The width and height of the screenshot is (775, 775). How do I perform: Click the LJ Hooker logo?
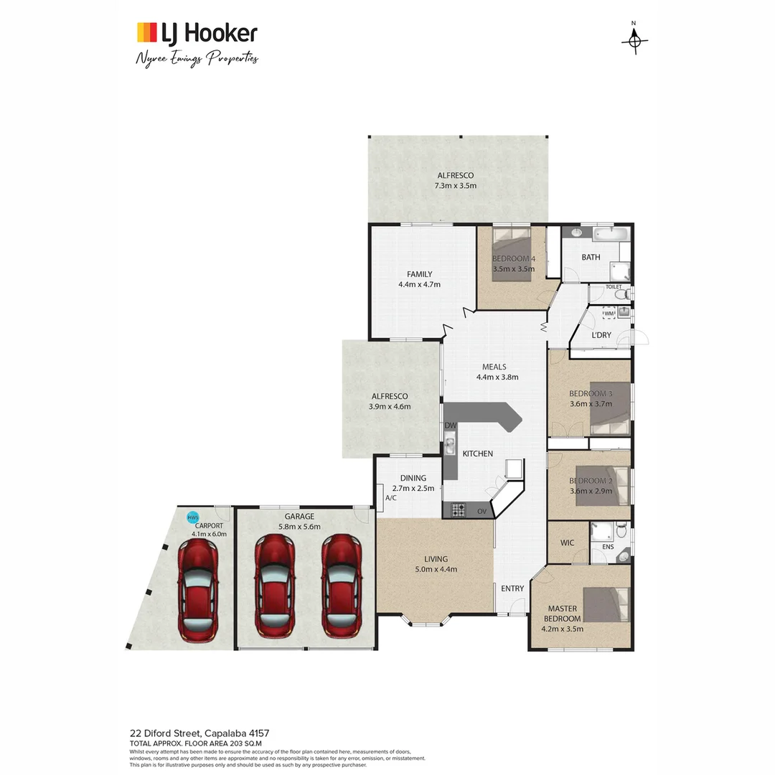pos(197,33)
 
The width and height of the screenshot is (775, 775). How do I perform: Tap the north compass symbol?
pos(634,41)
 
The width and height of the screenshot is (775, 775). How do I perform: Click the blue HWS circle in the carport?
pos(192,517)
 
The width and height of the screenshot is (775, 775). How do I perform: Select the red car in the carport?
pos(198,591)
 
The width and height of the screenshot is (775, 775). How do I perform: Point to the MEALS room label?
pos(494,367)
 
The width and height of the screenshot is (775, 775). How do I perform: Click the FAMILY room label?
pos(419,274)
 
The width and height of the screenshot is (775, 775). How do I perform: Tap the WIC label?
pos(567,543)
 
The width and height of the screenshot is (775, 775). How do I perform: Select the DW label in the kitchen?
pos(451,426)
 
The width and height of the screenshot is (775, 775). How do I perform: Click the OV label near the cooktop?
pos(482,512)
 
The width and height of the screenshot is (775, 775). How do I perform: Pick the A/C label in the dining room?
pos(391,497)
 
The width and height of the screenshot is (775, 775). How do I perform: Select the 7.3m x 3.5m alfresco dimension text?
pos(455,186)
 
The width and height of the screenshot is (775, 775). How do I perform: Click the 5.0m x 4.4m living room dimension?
pos(436,570)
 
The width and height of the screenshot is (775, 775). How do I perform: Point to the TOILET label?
pos(613,287)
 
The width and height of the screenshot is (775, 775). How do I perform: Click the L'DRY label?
pos(601,336)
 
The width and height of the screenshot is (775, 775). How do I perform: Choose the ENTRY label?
pos(512,588)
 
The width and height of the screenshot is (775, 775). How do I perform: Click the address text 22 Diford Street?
pos(199,733)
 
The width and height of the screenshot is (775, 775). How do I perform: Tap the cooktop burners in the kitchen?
pos(458,510)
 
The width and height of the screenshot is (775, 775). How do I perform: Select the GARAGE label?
pos(299,516)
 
